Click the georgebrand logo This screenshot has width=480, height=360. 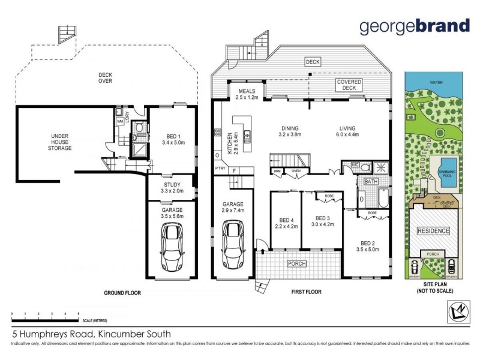[x=415, y=26]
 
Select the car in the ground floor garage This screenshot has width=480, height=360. [x=173, y=248]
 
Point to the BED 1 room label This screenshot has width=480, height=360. [x=173, y=139]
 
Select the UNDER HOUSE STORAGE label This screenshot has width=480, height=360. [x=61, y=142]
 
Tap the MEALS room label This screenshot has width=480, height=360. [x=246, y=94]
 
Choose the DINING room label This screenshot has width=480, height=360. [x=290, y=131]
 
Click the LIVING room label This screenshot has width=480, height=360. [x=347, y=131]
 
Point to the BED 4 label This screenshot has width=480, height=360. [x=286, y=223]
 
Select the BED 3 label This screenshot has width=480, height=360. [x=323, y=221]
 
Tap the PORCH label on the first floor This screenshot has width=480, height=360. [x=297, y=263]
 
